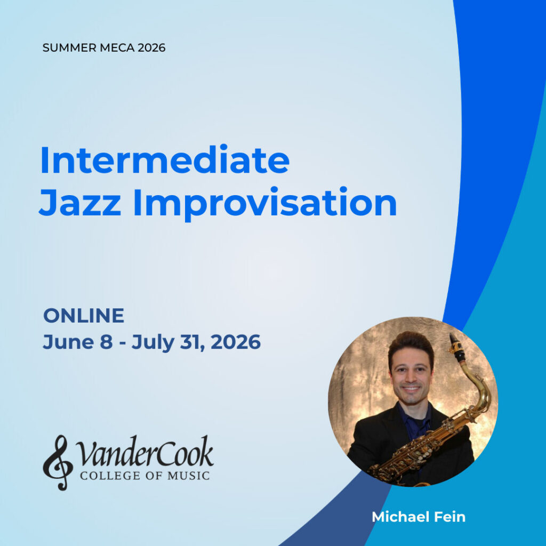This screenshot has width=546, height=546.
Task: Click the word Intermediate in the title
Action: (x=165, y=160)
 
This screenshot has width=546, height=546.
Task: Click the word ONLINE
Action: (x=84, y=316)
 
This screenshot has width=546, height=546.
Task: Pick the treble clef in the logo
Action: (x=58, y=462)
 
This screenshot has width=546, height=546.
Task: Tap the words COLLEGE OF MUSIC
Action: (x=144, y=475)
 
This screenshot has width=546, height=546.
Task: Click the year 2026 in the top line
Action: (x=151, y=47)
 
